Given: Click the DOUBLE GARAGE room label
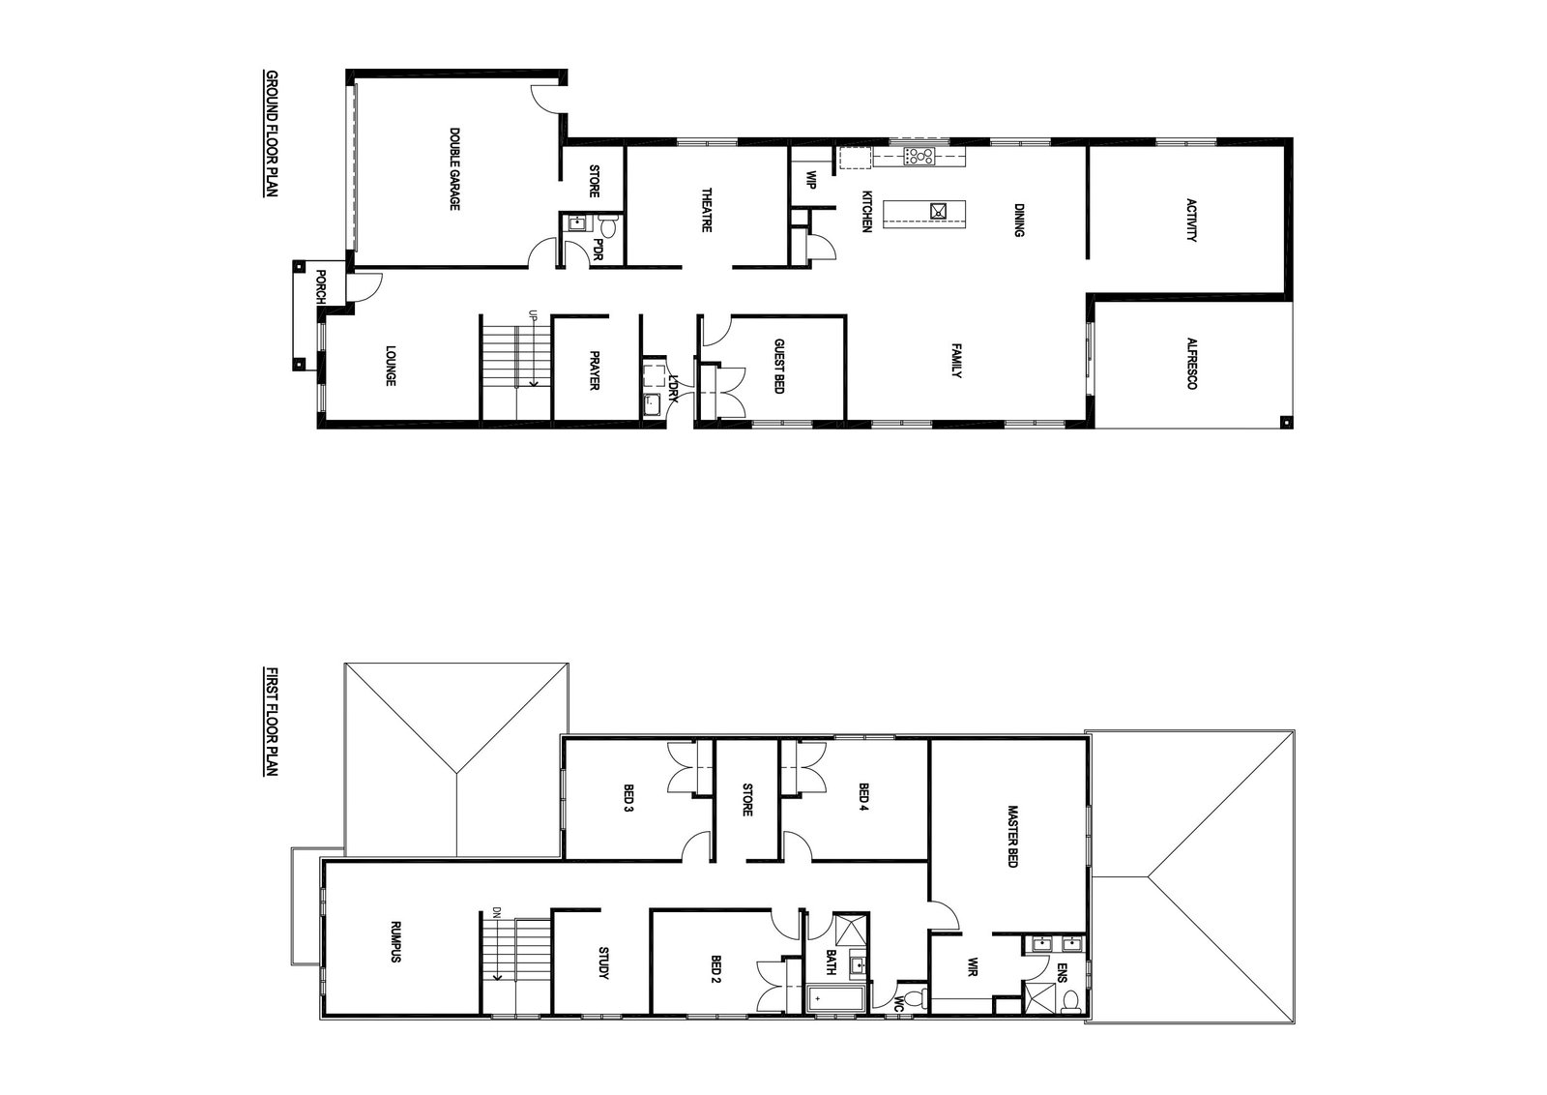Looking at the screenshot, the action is point(454,169).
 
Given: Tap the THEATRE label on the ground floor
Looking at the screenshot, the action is point(706,209).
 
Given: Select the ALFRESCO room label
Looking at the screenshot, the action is point(1191,364).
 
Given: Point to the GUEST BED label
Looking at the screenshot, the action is point(778,367).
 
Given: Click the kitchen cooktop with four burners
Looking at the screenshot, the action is point(919,156).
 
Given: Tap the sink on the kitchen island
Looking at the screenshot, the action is point(938,211).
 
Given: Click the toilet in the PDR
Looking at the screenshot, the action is point(608,225).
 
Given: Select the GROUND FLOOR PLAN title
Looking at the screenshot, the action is point(272,133).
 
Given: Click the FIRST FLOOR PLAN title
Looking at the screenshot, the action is point(272,722).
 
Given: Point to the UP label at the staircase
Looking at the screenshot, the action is point(533,316).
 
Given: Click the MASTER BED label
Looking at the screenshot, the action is point(1012,836).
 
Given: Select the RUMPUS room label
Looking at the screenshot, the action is point(395,941).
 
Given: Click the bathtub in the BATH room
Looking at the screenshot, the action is point(834,999).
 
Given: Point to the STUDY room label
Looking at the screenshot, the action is point(603,962).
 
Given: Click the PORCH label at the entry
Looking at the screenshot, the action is point(320,286).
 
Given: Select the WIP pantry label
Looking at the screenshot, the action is point(811,180).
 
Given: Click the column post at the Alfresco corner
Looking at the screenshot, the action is point(1285,421).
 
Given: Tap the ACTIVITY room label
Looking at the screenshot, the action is point(1190,220).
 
